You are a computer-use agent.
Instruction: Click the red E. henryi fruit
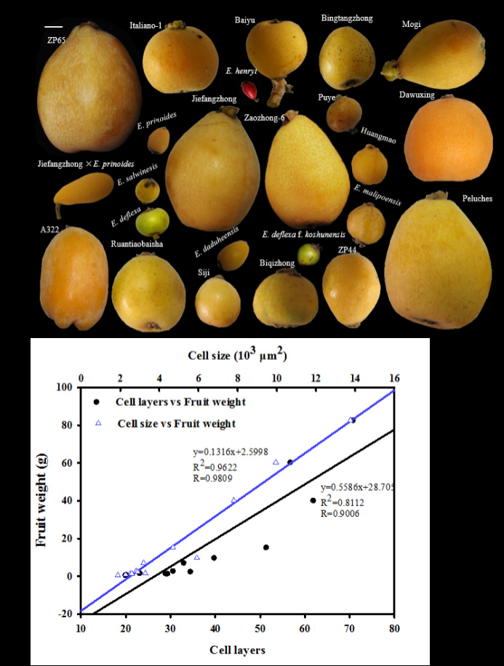250,90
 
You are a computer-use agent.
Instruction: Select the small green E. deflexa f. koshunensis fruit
308,254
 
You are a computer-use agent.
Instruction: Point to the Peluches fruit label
476,198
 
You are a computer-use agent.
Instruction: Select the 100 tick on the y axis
65,388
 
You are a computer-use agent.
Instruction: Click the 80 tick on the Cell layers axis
394,627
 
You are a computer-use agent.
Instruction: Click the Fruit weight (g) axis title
44,501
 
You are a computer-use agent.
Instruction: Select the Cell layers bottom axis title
236,649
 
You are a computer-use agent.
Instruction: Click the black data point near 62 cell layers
313,500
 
